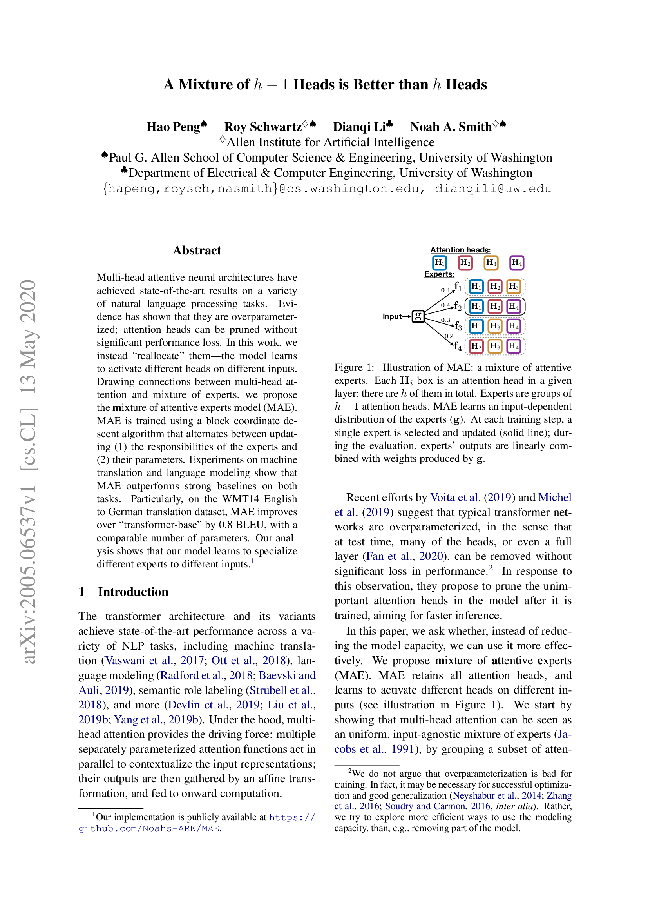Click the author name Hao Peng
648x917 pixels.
(x=173, y=127)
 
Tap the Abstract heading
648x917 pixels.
(x=197, y=251)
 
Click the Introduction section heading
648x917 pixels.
(x=133, y=592)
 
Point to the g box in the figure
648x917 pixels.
(x=418, y=316)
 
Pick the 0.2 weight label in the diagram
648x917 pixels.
(x=449, y=336)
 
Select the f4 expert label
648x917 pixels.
(x=458, y=346)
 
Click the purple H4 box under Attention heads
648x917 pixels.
(x=517, y=263)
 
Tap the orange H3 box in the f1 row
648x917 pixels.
(x=514, y=287)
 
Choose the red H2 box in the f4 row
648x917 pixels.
(x=476, y=346)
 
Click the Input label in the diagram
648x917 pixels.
(x=392, y=317)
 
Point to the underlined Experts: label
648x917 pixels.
(x=439, y=274)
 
